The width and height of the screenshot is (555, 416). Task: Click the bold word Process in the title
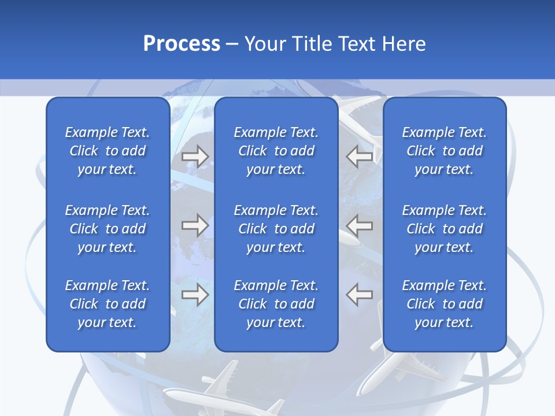(182, 44)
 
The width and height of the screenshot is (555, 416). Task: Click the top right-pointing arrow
(195, 156)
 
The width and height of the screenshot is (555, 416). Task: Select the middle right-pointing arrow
(195, 225)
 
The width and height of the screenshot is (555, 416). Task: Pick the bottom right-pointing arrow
(195, 295)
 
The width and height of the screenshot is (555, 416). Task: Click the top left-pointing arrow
(360, 156)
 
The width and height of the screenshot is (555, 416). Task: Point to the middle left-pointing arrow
(360, 225)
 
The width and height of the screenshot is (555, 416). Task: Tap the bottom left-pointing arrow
(360, 295)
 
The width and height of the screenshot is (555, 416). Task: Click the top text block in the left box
(108, 151)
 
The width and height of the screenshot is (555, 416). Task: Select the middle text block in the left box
(108, 229)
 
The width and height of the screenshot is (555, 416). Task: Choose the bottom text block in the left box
(108, 304)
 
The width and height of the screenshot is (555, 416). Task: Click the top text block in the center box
(276, 151)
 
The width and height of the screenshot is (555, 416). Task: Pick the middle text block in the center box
(276, 229)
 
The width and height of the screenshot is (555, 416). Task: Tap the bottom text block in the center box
(276, 304)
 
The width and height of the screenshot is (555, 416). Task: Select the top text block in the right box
(444, 151)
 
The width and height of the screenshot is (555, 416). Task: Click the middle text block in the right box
(444, 229)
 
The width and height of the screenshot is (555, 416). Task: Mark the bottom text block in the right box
(444, 304)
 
